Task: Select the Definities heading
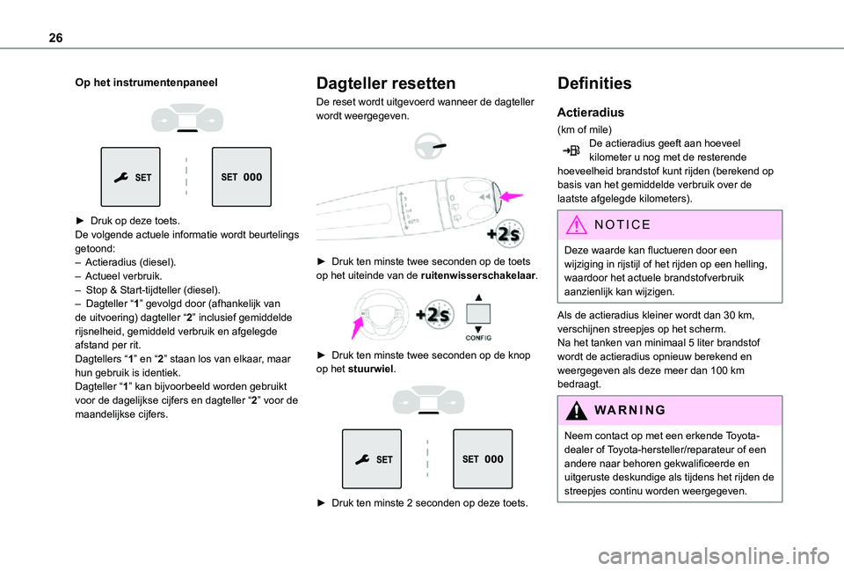point(594,84)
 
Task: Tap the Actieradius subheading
point(591,113)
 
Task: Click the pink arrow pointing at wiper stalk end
point(511,196)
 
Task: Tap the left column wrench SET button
point(130,177)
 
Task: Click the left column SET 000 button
point(242,177)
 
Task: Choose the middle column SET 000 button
point(482,458)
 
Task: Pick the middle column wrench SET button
point(371,458)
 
